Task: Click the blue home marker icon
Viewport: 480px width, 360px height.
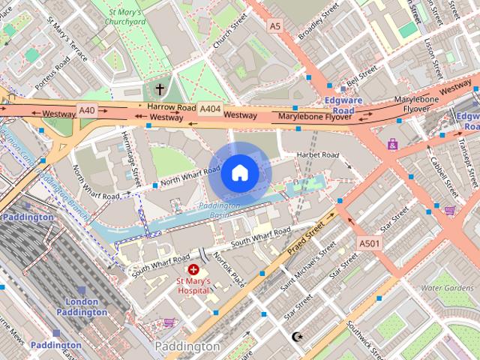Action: pyautogui.click(x=239, y=173)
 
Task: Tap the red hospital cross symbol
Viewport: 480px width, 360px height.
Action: pyautogui.click(x=193, y=268)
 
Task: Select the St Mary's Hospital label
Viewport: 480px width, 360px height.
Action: pyautogui.click(x=193, y=286)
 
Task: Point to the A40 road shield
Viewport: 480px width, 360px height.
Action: pyautogui.click(x=87, y=110)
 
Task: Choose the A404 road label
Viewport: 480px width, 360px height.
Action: pyautogui.click(x=210, y=109)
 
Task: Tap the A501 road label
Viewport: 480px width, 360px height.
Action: pyautogui.click(x=368, y=244)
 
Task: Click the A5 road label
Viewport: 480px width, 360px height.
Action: pyautogui.click(x=274, y=26)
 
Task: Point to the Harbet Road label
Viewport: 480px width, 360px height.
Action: pyautogui.click(x=318, y=155)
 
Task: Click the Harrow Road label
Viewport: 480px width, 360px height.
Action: pyautogui.click(x=166, y=108)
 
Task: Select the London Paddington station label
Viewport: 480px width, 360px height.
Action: pyautogui.click(x=77, y=307)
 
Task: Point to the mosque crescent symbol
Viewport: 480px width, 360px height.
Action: pyautogui.click(x=298, y=337)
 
